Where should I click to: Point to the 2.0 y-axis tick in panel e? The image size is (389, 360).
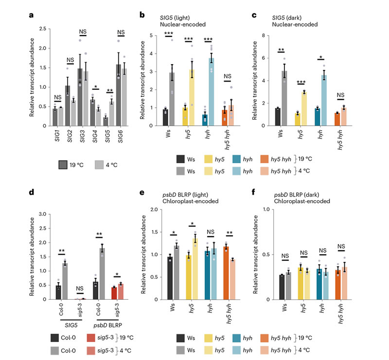coord(157,209)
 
